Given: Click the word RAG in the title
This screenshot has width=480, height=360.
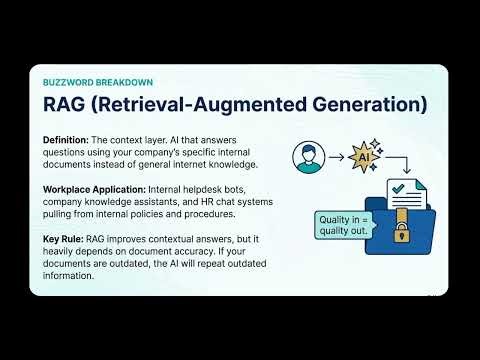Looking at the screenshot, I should [x=67, y=104].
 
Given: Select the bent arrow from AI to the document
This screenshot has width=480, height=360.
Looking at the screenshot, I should [x=398, y=163].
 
